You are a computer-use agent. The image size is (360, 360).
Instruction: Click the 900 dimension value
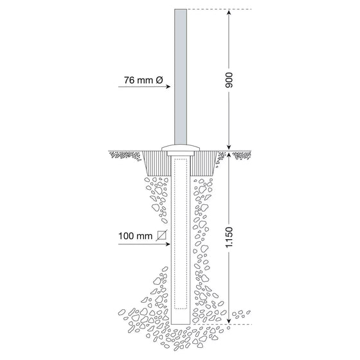point(229,80)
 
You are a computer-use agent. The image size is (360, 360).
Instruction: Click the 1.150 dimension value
point(229,237)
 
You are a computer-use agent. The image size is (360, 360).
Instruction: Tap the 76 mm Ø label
point(143,80)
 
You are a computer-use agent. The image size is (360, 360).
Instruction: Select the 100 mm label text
point(135,236)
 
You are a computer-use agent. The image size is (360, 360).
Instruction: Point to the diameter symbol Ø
point(159,80)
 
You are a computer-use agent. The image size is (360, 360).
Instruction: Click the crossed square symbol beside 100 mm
point(161,235)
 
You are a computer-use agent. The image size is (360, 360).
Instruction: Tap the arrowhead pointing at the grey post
point(168,87)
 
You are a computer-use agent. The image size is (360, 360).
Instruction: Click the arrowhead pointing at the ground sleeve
point(168,244)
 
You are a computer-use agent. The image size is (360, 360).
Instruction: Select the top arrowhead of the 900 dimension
point(229,12)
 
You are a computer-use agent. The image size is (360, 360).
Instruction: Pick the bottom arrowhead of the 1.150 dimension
point(229,321)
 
